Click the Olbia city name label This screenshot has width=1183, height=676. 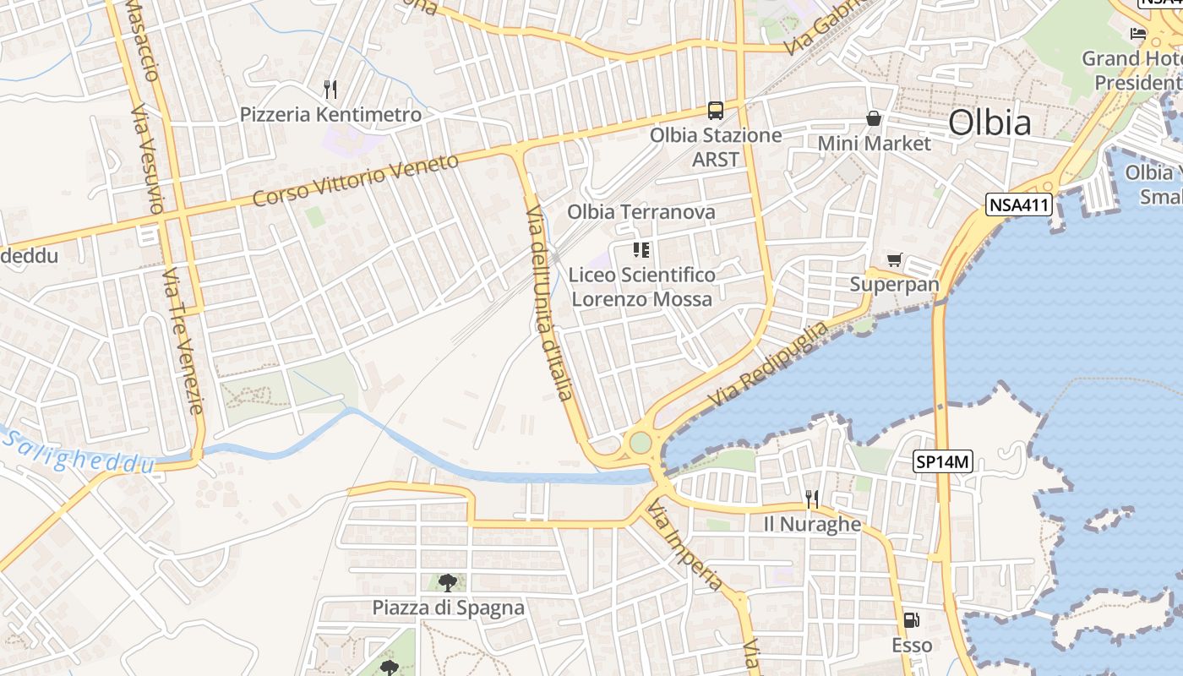pyautogui.click(x=989, y=123)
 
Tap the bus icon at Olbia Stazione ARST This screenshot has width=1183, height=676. pyautogui.click(x=716, y=111)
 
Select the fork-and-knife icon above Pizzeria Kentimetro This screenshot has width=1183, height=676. pyautogui.click(x=330, y=89)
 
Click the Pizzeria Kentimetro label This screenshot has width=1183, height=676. pyautogui.click(x=330, y=114)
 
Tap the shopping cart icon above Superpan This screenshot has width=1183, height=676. pyautogui.click(x=894, y=260)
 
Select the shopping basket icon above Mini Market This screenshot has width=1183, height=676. pyautogui.click(x=873, y=118)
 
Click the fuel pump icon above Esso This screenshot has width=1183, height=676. pyautogui.click(x=911, y=620)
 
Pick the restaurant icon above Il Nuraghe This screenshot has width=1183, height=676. pyautogui.click(x=812, y=499)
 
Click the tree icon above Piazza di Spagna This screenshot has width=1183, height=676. pyautogui.click(x=448, y=582)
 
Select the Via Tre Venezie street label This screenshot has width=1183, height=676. pyautogui.click(x=183, y=341)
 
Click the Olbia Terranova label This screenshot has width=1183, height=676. pyautogui.click(x=641, y=212)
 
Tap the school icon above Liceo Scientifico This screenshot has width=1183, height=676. pyautogui.click(x=641, y=249)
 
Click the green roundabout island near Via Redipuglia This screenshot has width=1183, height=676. pyautogui.click(x=641, y=442)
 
